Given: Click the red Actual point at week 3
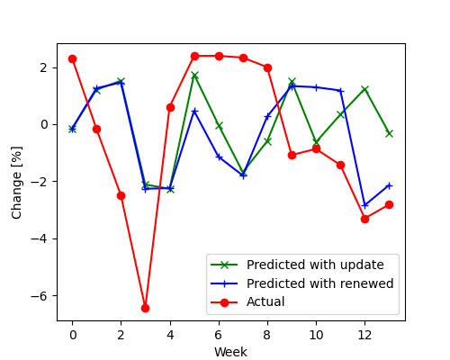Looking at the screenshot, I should point(145,308).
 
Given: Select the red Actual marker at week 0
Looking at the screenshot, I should point(72,58).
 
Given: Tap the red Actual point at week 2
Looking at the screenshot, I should point(121,195).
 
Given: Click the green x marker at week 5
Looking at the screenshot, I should point(194,75).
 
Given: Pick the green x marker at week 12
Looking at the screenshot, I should point(364,89).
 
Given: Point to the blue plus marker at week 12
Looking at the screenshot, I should point(364,205).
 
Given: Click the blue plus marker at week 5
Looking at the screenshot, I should point(194,112).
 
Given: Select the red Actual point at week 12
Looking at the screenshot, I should point(364,219).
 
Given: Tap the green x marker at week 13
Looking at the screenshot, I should point(389,133).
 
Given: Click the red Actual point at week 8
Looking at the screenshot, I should point(267,67).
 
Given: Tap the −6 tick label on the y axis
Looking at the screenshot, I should point(43,296).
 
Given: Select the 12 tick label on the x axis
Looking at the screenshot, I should point(364,335).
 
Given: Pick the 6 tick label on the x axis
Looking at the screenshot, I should point(219,335).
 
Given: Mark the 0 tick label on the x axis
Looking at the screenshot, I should point(72,335).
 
